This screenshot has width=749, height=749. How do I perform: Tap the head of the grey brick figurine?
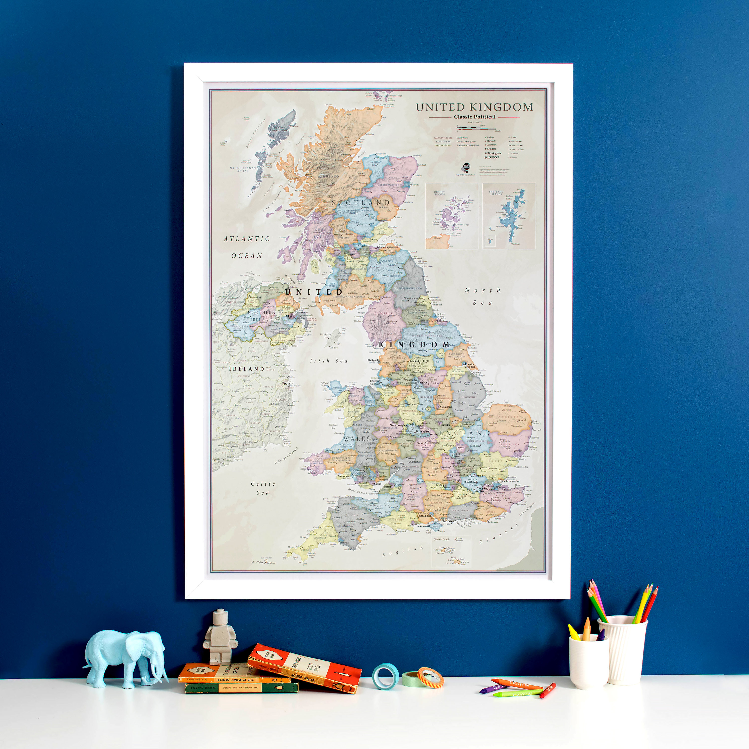[220, 616]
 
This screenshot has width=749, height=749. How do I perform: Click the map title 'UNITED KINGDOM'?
[474, 107]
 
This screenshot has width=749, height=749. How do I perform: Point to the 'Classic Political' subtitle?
[475, 117]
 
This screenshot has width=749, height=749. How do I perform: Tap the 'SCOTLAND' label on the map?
[361, 203]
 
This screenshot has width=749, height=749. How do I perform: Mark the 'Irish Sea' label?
[329, 361]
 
